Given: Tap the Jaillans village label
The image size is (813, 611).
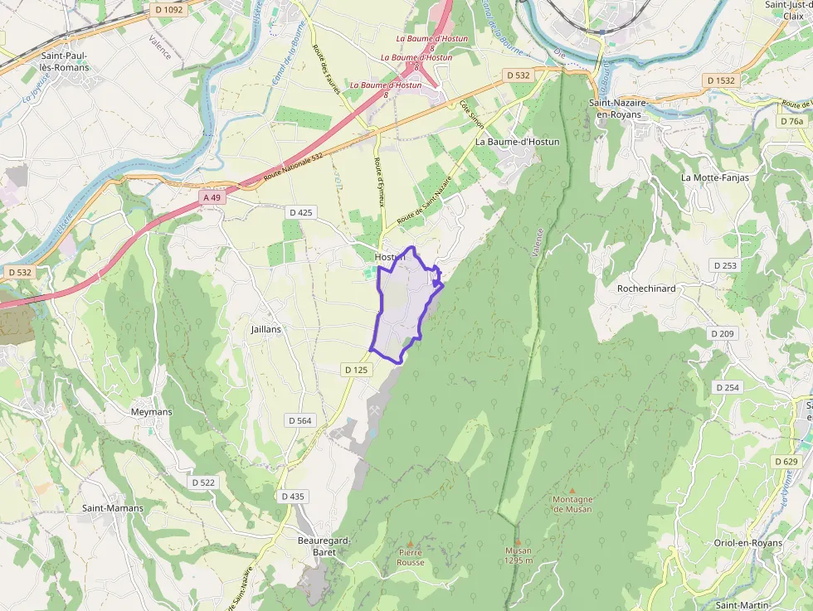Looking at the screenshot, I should coord(266,329).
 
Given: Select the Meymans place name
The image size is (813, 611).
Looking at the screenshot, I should coord(151,411).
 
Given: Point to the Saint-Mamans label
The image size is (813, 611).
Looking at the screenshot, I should coord(113,508).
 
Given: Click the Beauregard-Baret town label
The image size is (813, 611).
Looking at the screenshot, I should coord(324,546).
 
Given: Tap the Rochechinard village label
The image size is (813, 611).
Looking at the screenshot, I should coord(646,289).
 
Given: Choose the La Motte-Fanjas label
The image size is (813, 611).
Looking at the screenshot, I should coord(714,177).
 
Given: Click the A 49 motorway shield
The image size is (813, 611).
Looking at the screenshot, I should coord(213,197).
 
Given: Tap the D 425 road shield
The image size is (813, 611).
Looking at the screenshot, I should coord(301,213).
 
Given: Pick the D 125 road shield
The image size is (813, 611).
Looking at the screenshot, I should coord(355,370).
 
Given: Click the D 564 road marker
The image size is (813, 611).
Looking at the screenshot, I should coord(299,420).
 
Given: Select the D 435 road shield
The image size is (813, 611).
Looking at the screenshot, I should coord(293,497).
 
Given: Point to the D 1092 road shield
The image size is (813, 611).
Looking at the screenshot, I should coord(168,10).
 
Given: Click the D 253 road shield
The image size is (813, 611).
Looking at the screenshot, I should coord(724,265).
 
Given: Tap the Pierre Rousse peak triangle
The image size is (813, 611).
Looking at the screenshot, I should coord(410,543).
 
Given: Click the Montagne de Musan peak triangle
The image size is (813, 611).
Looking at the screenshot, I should coord(572,491).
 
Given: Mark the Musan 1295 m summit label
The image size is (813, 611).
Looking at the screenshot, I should coord(518,555).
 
